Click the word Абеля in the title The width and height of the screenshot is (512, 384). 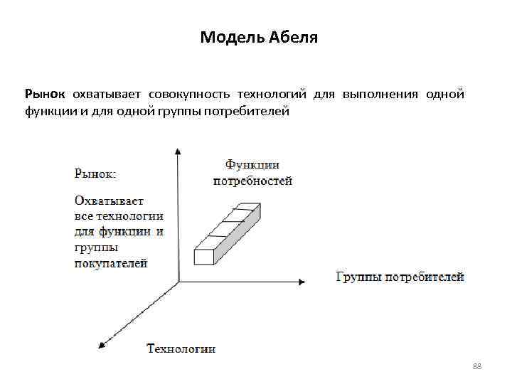[293, 37]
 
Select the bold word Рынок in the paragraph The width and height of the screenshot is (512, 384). [45, 94]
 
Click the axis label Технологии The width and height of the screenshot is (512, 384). [181, 348]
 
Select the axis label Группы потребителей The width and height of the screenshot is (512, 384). [400, 277]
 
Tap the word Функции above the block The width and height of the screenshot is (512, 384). [252, 165]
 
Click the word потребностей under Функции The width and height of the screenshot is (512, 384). [253, 181]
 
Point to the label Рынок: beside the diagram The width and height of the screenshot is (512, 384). [96, 173]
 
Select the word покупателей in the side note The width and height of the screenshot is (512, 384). [110, 263]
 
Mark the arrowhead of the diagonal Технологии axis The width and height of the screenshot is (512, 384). [103, 344]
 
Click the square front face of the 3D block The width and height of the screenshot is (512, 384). [205, 257]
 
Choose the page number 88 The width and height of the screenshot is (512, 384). [477, 366]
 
